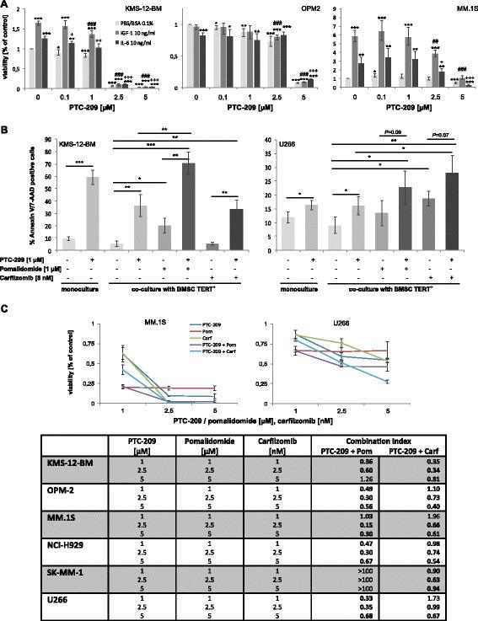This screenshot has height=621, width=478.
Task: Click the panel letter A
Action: (x=6, y=6)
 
